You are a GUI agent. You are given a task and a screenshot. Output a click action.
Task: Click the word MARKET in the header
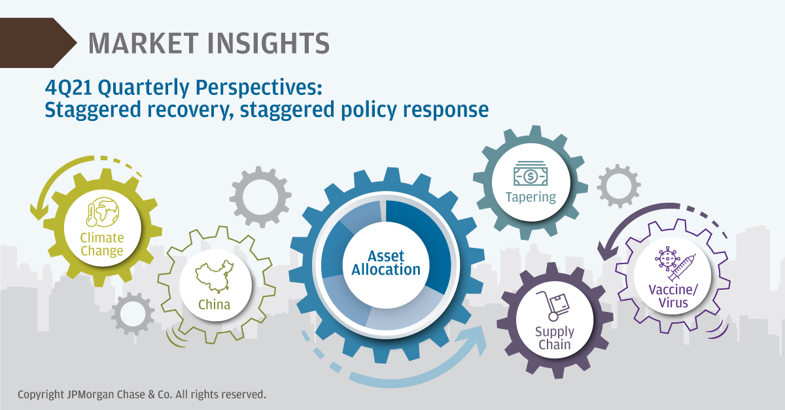[143, 43]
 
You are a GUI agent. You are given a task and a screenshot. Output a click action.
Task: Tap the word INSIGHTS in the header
[268, 43]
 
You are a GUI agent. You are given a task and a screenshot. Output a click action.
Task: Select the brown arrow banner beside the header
[38, 43]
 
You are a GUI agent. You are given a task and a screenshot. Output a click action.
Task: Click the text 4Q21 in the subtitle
[68, 87]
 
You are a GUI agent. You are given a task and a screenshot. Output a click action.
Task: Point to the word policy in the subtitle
[369, 111]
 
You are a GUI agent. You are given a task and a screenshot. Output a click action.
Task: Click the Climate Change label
[102, 245]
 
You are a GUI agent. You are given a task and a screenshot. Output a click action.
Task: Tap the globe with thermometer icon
[102, 212]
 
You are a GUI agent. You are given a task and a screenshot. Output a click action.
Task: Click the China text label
[215, 305]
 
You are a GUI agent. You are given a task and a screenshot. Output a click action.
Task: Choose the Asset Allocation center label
[386, 263]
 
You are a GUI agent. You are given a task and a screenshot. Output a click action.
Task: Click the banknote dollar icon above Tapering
[531, 173]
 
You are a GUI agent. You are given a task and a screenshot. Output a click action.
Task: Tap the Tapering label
[531, 197]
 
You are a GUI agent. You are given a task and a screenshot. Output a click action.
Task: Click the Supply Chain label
[555, 338]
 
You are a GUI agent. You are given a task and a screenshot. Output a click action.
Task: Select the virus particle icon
[667, 258]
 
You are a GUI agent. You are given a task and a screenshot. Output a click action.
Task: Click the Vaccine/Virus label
[673, 296]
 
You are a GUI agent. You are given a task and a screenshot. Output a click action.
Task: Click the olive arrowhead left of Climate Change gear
[39, 211]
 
